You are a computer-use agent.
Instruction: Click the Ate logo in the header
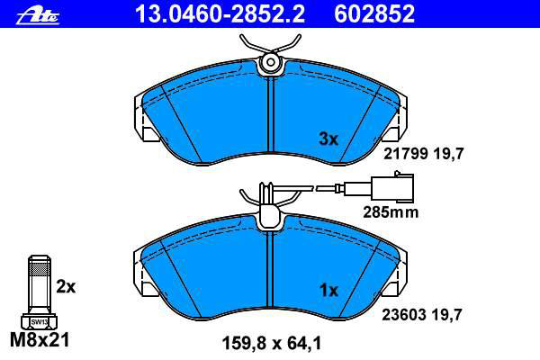coord(38,16)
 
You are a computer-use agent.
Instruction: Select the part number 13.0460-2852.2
coord(220,14)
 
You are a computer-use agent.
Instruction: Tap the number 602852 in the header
coord(374,14)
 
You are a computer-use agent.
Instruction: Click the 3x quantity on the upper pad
coord(328,139)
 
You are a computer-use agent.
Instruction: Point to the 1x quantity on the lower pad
coord(329,291)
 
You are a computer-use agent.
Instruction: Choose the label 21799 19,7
coord(424,154)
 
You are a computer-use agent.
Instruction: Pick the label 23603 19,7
coord(421,314)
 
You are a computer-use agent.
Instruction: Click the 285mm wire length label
coord(391,212)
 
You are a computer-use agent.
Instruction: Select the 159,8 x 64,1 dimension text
coord(272,343)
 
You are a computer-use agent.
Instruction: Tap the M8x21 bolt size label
coord(40,340)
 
